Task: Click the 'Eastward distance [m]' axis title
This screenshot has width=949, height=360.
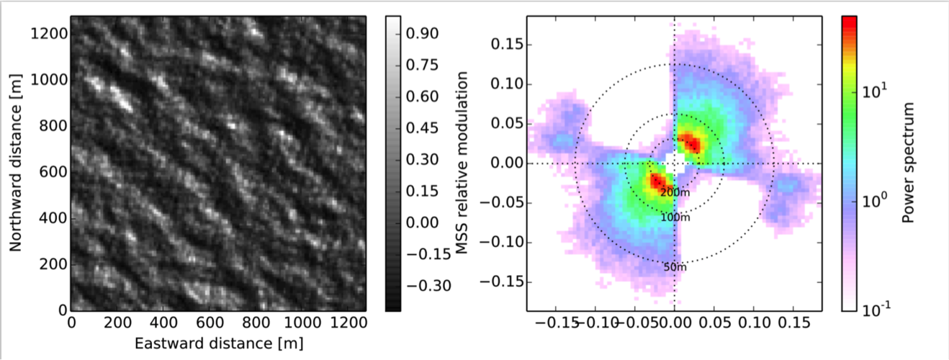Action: click(x=217, y=343)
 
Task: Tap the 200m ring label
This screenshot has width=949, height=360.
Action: click(x=675, y=192)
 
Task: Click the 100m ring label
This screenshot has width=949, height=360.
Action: click(x=675, y=217)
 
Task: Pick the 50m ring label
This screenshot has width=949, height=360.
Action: click(x=675, y=267)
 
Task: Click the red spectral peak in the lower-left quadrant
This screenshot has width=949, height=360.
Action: click(x=657, y=181)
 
